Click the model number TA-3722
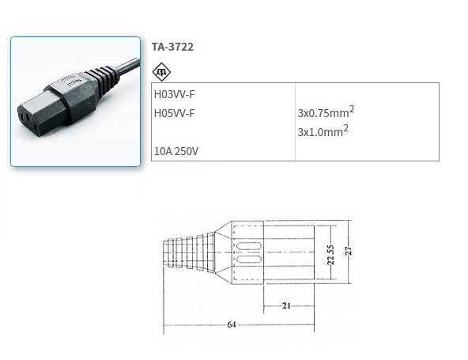tap(172, 47)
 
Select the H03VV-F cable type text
tap(174, 94)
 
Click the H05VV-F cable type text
tap(174, 113)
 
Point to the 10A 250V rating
tap(177, 150)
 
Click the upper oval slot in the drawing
tap(247, 244)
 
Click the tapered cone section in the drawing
tap(223, 252)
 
